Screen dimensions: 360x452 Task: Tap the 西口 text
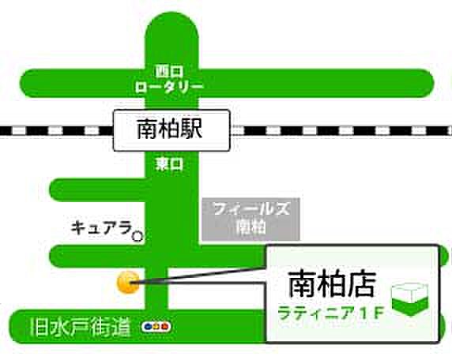[x=168, y=69]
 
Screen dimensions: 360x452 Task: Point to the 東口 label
[x=168, y=164]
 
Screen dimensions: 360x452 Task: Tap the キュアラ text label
[x=100, y=227]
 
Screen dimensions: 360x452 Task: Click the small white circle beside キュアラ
[x=137, y=235]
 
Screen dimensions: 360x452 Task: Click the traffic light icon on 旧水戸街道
[x=155, y=326]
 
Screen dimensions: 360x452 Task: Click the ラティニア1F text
[x=330, y=312]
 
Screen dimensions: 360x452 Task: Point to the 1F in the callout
[x=374, y=312]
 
